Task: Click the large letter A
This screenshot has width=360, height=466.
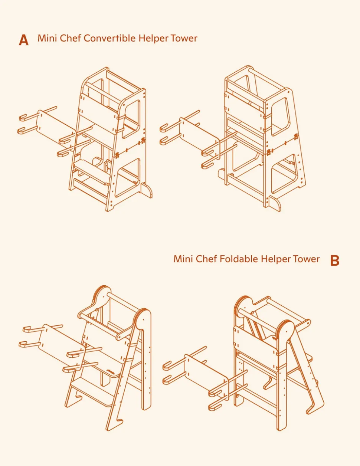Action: point(24,40)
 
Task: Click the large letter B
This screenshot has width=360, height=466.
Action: point(335,260)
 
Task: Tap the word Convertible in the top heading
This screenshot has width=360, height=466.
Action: point(109,38)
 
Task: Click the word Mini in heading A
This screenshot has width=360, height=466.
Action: point(47,38)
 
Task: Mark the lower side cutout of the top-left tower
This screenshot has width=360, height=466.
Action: point(128,178)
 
